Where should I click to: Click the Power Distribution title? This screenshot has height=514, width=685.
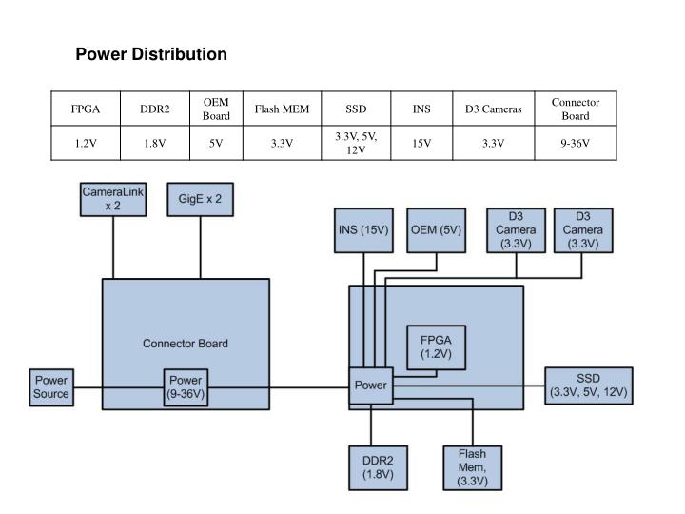[x=151, y=54]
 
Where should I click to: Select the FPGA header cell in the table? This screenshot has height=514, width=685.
[x=86, y=109]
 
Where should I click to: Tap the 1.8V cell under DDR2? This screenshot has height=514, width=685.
[x=155, y=144]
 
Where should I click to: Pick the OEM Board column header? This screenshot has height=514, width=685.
[x=216, y=109]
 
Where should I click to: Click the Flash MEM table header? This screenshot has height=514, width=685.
[x=282, y=109]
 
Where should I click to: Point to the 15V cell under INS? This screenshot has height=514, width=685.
[x=421, y=144]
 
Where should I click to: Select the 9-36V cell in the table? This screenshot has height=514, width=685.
[x=575, y=144]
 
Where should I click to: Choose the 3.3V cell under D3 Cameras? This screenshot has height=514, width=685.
[x=493, y=144]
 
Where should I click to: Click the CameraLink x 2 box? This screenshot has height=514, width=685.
[x=112, y=199]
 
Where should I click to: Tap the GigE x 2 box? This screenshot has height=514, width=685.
[x=200, y=199]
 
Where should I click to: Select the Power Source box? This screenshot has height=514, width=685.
[x=51, y=386]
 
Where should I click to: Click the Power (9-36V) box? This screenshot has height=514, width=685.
[x=186, y=386]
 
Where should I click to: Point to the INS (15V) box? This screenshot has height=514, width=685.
[x=364, y=229]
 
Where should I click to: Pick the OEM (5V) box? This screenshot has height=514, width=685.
[x=436, y=229]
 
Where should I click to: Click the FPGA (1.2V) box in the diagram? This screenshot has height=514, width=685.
[x=435, y=346]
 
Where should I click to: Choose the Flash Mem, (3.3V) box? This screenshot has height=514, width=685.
[x=472, y=467]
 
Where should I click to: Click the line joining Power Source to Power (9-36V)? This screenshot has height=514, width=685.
[x=119, y=386]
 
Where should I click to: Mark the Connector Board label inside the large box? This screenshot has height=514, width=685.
[x=186, y=344]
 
